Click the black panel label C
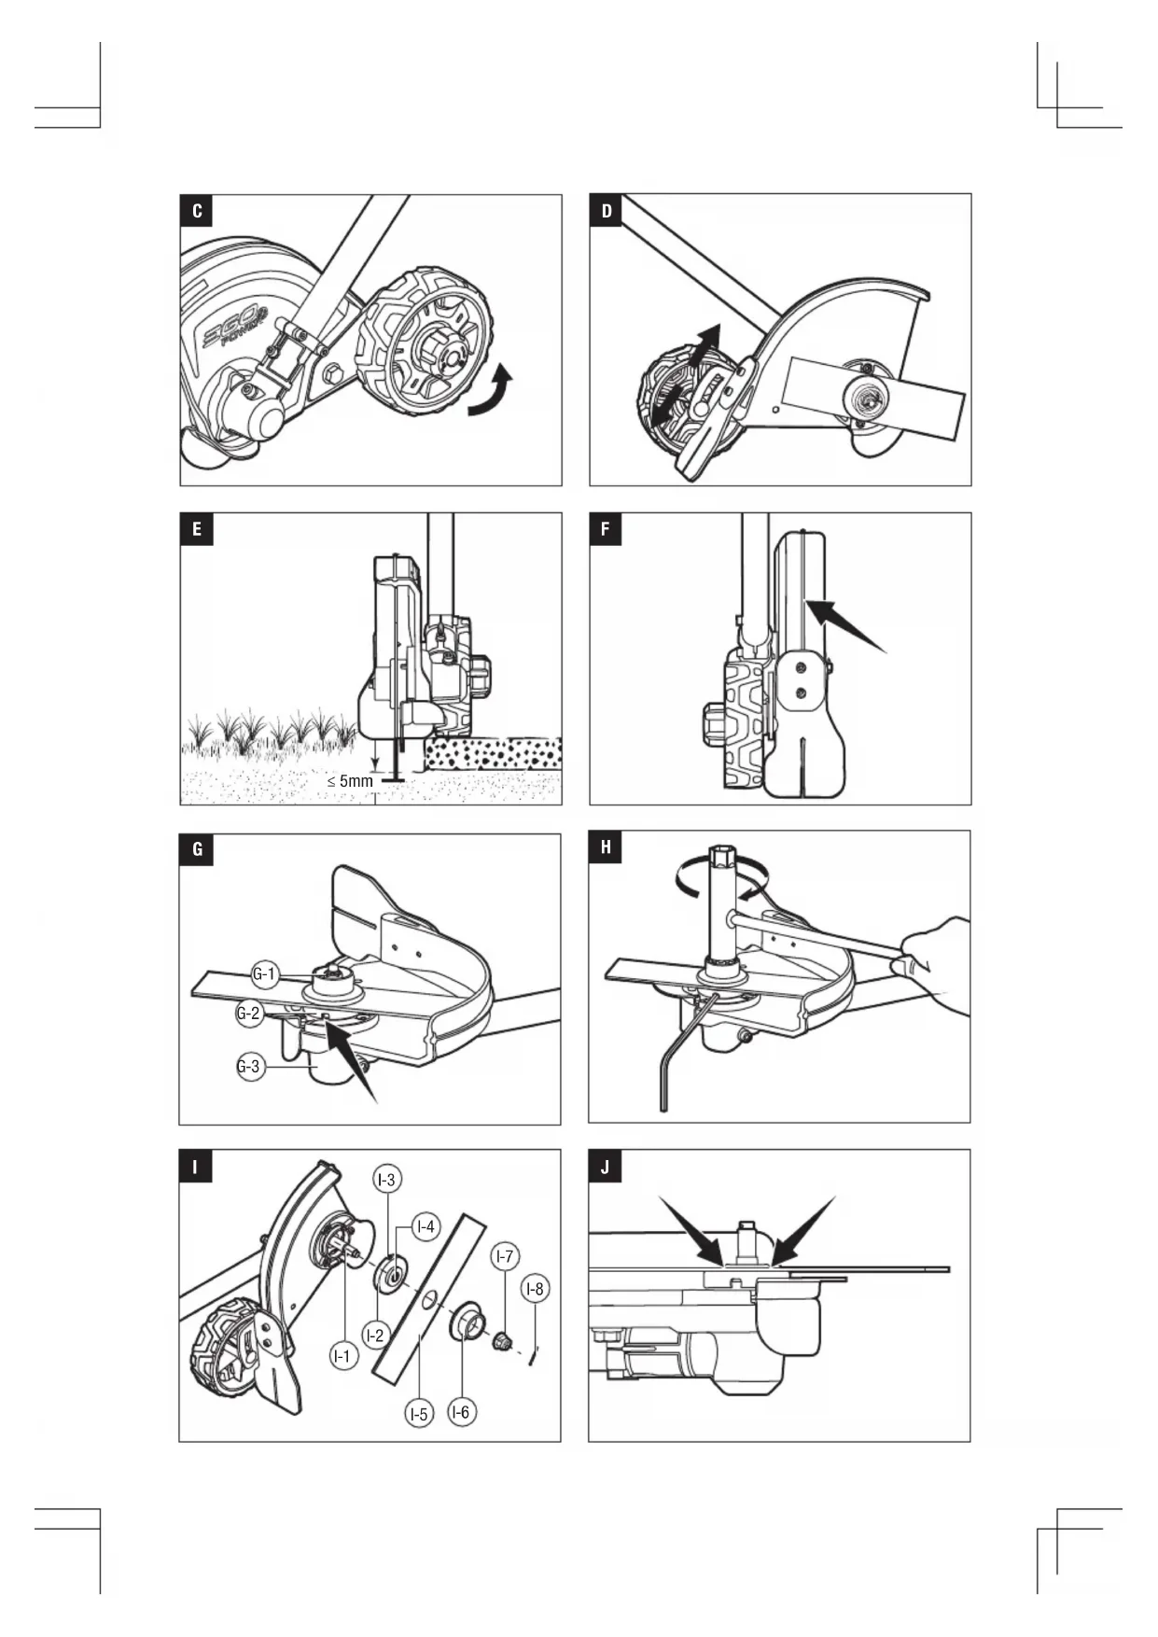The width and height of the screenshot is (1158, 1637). click(x=197, y=211)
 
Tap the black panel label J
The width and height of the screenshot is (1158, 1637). click(x=606, y=1167)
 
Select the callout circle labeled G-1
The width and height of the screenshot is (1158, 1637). click(x=265, y=975)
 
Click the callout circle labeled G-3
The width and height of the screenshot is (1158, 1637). click(x=249, y=1067)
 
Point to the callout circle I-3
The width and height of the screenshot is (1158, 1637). click(x=386, y=1180)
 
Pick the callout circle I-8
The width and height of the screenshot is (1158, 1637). click(x=535, y=1289)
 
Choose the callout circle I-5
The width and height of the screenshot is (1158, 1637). click(x=420, y=1414)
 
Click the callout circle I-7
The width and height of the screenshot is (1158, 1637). click(x=505, y=1256)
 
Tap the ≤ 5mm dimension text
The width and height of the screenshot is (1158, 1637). click(x=350, y=780)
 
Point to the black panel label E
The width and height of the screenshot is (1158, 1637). click(x=197, y=529)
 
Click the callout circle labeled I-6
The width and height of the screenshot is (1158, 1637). click(x=461, y=1412)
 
